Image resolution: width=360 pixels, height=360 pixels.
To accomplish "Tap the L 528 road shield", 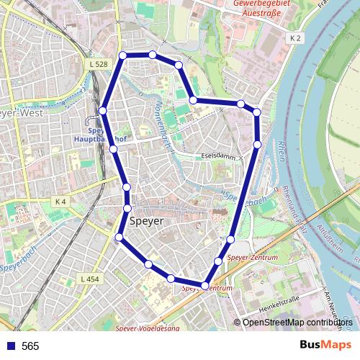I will pos(100,65).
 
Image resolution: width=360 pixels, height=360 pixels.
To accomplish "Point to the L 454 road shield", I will pos(90,279).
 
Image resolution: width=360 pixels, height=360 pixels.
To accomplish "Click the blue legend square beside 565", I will pos(10,346).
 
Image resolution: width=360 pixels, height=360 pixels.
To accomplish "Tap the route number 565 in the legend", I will pos(30,346).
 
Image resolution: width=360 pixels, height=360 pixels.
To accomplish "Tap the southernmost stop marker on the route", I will pos(205,286).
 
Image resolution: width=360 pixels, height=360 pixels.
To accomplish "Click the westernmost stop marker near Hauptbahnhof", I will pos(103,110).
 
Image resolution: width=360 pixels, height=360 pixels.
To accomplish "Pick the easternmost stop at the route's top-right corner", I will pos(256,112).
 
